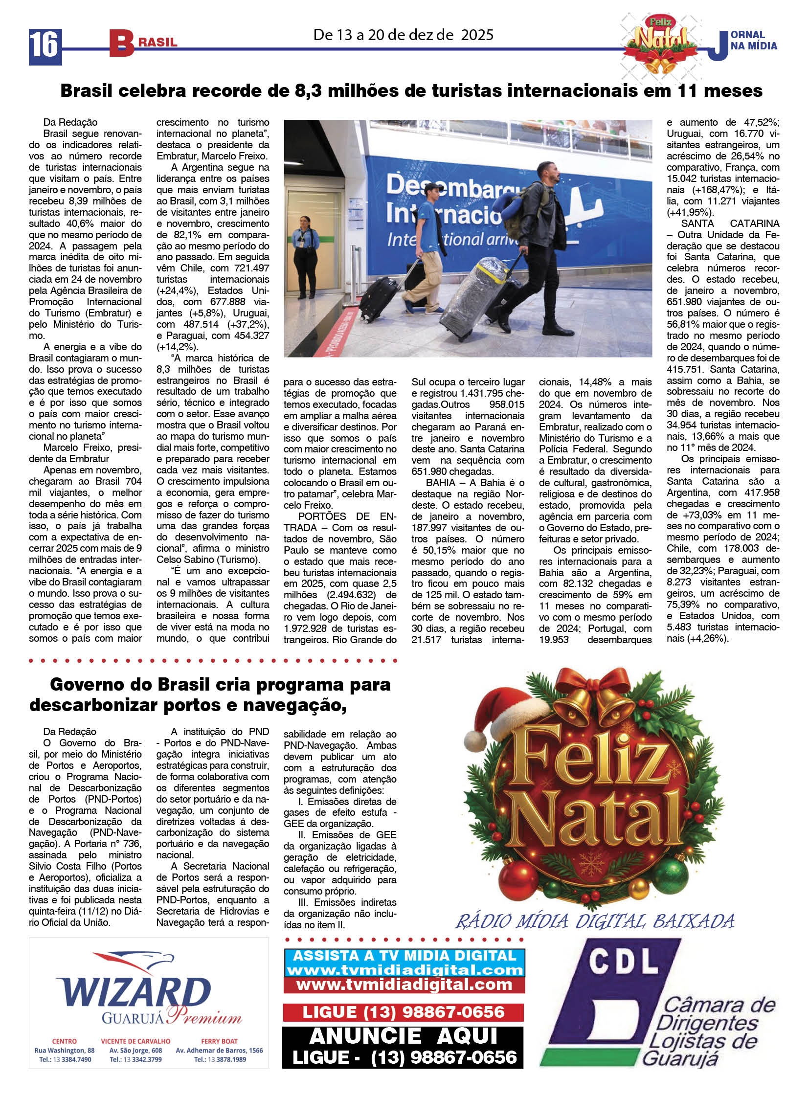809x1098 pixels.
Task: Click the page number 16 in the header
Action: tap(45, 46)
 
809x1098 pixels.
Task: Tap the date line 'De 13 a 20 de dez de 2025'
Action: tap(403, 35)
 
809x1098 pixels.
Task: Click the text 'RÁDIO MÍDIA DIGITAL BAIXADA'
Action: tap(595, 921)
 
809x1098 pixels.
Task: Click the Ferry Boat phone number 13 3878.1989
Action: tap(220, 1060)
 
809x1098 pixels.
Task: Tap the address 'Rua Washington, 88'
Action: tap(65, 1051)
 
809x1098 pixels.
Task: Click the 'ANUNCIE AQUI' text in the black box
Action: tap(404, 1036)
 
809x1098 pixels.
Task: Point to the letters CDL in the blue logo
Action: tap(623, 961)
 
